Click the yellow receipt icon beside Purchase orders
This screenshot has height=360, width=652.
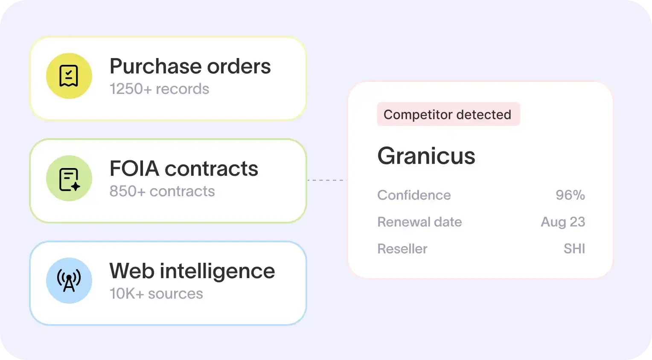[69, 76]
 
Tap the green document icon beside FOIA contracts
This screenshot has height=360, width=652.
[69, 178]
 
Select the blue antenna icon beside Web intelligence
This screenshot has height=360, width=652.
[69, 281]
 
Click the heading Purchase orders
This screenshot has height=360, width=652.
[190, 67]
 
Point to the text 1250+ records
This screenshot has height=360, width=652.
[159, 89]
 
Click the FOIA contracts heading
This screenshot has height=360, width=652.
[183, 168]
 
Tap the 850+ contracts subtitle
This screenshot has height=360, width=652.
[162, 191]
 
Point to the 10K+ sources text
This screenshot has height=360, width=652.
[156, 293]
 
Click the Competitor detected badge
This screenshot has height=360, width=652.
[448, 114]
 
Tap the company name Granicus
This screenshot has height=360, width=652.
[426, 156]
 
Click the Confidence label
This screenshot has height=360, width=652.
[414, 195]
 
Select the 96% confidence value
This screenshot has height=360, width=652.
[570, 195]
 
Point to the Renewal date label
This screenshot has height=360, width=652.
[419, 222]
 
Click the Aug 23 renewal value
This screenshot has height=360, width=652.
[563, 222]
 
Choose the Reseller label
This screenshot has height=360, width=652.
[402, 249]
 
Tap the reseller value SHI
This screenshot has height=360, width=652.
[574, 249]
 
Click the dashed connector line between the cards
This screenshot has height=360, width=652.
[327, 180]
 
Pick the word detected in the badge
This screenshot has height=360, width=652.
[484, 114]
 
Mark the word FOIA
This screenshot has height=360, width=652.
[134, 168]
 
